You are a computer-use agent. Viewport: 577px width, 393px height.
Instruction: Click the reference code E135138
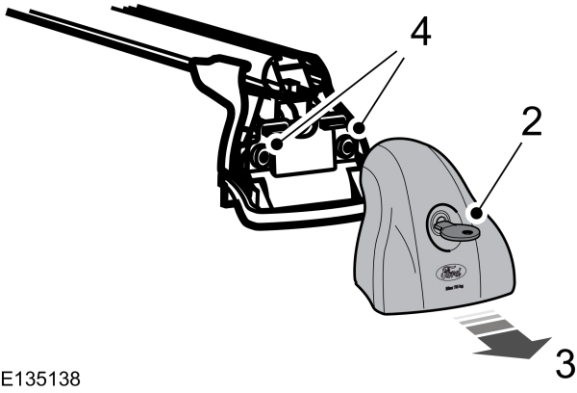tap(40, 377)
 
